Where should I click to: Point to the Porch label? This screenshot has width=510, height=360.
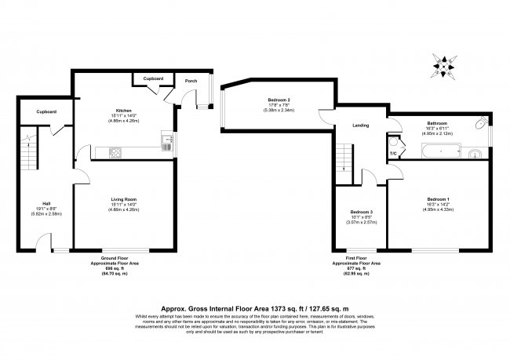[191, 81]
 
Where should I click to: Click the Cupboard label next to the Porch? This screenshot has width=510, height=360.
[153, 78]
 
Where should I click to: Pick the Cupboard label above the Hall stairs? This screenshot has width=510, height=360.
[46, 111]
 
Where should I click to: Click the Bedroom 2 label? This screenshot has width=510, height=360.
[279, 100]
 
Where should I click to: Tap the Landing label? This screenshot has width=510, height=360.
[361, 125]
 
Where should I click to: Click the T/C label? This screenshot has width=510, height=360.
[393, 152]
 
